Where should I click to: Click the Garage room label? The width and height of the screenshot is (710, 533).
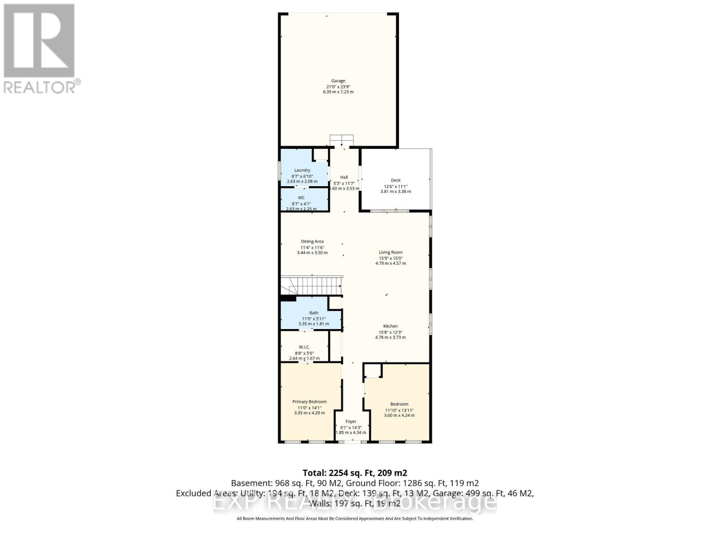pos(338,81)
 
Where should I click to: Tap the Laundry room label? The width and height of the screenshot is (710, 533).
pos(302,170)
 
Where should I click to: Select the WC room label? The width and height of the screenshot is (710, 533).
pos(301,198)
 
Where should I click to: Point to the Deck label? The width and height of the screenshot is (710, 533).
pos(395,180)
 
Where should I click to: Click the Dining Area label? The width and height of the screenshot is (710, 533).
pos(312,242)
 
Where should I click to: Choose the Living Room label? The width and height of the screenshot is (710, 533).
pos(390,252)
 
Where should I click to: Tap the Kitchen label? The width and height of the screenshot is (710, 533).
pos(390,326)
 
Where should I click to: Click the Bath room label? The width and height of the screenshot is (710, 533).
pos(314,313)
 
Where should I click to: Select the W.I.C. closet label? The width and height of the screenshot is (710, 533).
pos(304,347)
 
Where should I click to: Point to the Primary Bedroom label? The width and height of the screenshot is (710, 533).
pos(309,402)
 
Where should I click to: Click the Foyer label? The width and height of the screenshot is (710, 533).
pos(351,422)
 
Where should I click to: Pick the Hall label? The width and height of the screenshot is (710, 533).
pos(344,177)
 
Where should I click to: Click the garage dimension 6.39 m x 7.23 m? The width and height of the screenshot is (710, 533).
pos(338,92)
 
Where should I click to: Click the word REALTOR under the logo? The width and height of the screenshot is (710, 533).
pos(40,87)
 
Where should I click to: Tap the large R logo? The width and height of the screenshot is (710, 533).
pos(39,41)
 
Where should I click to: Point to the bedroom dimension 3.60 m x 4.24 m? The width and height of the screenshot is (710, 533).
pos(399,416)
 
